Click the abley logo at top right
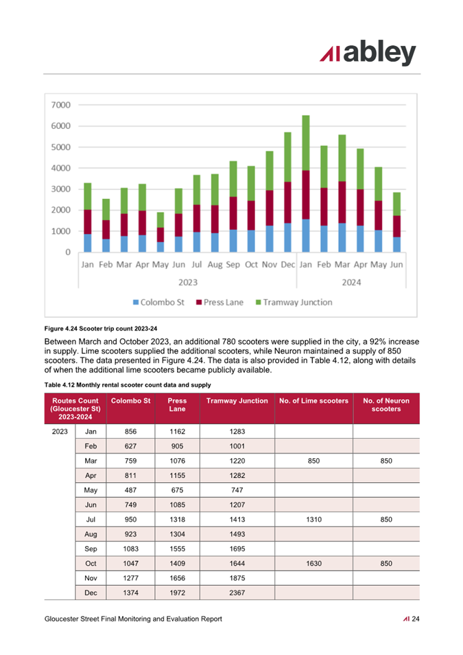tap(368, 53)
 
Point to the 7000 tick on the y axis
tap(61, 105)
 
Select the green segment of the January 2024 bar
tap(306, 143)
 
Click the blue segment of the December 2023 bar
tap(287, 237)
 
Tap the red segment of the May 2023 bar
tap(161, 235)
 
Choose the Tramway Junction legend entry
tap(294, 302)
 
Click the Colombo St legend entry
tap(158, 302)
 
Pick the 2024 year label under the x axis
tap(351, 283)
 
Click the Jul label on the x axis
tap(196, 265)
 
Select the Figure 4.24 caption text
tap(101, 329)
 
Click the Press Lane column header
tap(177, 405)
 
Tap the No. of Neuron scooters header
tap(386, 405)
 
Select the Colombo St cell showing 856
tap(130, 431)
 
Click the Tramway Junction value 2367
tap(237, 593)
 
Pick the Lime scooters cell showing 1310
tap(314, 519)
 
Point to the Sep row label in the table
tap(91, 549)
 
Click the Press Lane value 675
tap(177, 490)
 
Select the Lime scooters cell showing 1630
tap(314, 564)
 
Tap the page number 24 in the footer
tap(416, 619)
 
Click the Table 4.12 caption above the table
tap(128, 385)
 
